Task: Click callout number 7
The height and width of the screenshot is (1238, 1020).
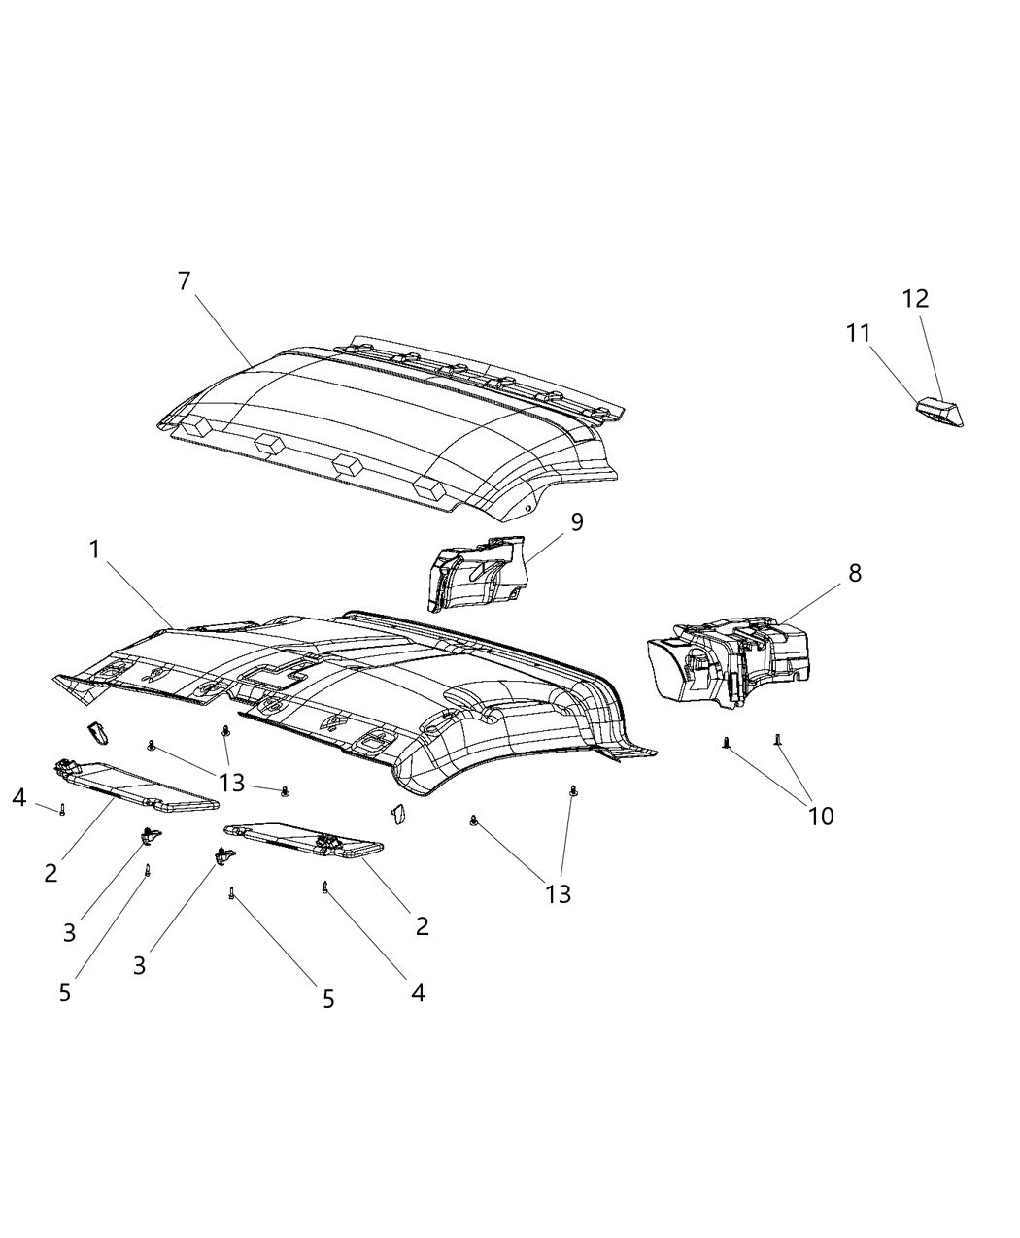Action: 184,282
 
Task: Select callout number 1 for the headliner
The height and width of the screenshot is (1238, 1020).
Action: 94,550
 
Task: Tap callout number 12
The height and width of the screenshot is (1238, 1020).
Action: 915,298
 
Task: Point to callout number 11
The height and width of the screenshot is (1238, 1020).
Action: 858,333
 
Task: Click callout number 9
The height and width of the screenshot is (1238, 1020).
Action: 577,522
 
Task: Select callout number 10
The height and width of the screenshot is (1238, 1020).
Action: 821,816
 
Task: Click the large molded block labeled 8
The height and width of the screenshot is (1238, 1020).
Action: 729,660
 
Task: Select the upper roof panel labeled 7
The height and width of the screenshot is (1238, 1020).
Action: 389,427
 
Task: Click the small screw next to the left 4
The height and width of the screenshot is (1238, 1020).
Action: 62,810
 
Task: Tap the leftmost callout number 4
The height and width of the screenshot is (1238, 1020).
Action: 18,798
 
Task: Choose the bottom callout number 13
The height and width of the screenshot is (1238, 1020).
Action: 559,893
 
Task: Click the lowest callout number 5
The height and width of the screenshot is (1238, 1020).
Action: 328,997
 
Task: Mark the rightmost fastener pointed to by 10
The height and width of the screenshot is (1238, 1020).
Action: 777,741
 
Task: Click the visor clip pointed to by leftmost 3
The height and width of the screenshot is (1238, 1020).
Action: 151,833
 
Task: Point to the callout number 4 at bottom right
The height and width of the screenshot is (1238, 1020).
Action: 418,992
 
